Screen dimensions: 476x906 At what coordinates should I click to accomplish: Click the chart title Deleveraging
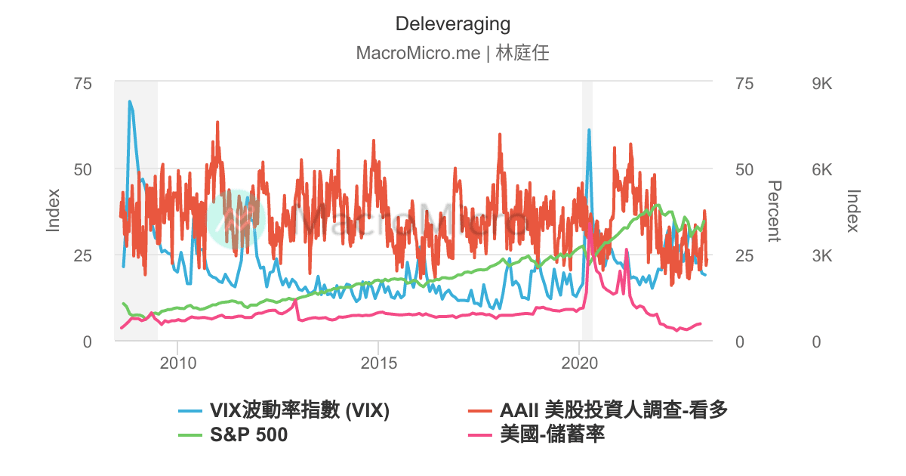click(452, 24)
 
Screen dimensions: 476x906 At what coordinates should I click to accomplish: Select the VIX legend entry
click(299, 411)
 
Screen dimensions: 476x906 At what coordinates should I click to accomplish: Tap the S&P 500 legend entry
click(248, 435)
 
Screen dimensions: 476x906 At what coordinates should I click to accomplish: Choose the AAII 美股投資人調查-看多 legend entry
click(613, 411)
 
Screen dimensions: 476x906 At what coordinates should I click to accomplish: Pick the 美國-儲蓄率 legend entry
click(552, 435)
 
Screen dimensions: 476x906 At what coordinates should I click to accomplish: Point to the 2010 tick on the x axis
click(178, 363)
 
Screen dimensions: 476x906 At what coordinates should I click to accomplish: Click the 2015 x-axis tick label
click(379, 363)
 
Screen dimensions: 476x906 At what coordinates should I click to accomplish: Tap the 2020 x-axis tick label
click(579, 363)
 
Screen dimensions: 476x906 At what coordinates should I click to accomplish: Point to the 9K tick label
click(821, 83)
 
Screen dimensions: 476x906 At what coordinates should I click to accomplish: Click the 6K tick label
click(821, 169)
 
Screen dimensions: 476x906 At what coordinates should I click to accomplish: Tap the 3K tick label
click(821, 255)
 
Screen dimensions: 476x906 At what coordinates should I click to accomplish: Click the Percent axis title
click(773, 212)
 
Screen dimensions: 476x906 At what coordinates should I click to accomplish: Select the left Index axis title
click(53, 212)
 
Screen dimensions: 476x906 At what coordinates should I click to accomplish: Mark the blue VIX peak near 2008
click(129, 101)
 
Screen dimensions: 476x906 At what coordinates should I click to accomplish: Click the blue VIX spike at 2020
click(589, 130)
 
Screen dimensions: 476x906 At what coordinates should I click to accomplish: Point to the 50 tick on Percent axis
click(744, 169)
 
